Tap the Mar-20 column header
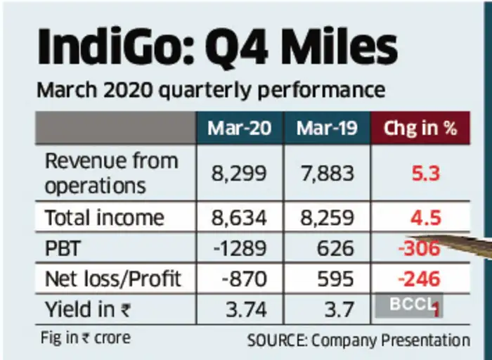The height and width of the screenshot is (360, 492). click(x=238, y=129)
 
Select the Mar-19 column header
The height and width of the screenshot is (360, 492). click(x=328, y=129)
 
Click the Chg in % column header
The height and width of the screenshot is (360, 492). click(x=420, y=129)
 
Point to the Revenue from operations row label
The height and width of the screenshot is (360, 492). click(x=111, y=173)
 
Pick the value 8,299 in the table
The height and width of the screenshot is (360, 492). click(x=238, y=173)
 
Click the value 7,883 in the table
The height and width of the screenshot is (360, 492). click(x=328, y=173)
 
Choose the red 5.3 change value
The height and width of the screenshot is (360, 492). click(x=420, y=173)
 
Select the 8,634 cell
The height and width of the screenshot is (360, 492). click(x=238, y=218)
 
